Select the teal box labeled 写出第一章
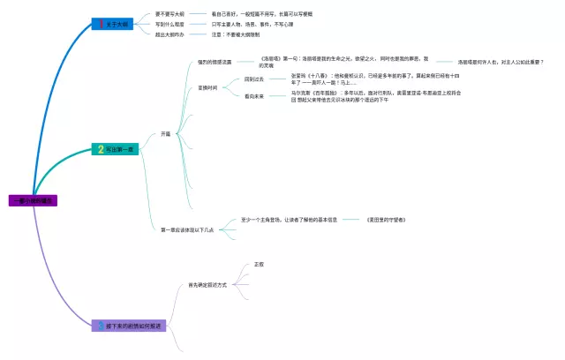(x=116, y=149)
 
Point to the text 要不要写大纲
(x=171, y=14)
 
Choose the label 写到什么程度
(x=171, y=25)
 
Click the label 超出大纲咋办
(x=171, y=34)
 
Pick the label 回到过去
(x=254, y=79)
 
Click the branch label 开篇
(x=165, y=134)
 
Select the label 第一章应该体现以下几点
(x=186, y=229)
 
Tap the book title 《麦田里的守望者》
(x=386, y=219)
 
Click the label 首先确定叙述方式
(x=207, y=285)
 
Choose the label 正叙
(x=259, y=264)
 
